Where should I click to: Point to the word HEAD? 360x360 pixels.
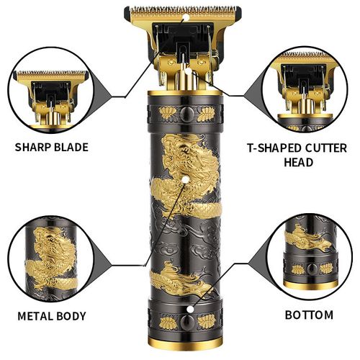300,162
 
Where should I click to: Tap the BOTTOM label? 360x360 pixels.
309,315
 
